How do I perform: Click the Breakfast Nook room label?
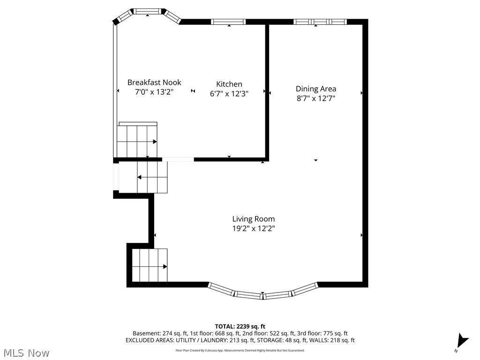154,82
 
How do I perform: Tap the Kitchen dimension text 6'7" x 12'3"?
229,93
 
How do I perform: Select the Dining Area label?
315,89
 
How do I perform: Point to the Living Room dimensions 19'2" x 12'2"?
254,228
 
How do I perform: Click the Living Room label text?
254,219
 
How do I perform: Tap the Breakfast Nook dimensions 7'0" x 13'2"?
154,92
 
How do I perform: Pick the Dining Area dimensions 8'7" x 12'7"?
315,98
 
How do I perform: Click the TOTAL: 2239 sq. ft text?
240,326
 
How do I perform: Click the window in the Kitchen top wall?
228,21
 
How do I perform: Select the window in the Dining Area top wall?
320,21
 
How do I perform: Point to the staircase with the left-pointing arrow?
143,177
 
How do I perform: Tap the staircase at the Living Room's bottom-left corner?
150,265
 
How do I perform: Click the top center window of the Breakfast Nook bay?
148,11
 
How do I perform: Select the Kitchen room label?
229,84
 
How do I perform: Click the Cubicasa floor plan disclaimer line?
240,350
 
